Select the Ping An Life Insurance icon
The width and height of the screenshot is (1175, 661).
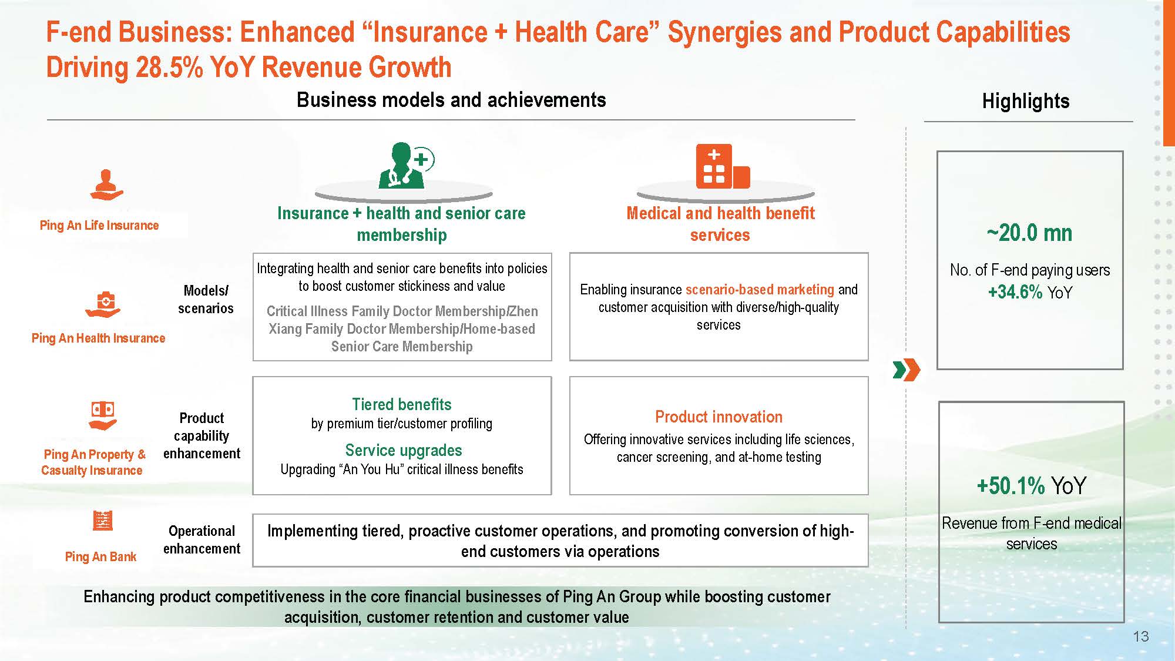pyautogui.click(x=106, y=184)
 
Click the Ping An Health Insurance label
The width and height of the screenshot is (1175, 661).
pyautogui.click(x=98, y=338)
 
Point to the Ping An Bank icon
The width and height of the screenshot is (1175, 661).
pyautogui.click(x=103, y=521)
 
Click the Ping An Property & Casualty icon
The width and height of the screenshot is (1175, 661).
pyautogui.click(x=103, y=415)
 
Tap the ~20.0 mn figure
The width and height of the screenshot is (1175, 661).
pyautogui.click(x=1029, y=233)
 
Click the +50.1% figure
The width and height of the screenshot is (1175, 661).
pyautogui.click(x=1010, y=486)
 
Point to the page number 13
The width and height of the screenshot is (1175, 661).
pyautogui.click(x=1140, y=636)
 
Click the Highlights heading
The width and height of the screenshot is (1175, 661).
pyautogui.click(x=1026, y=101)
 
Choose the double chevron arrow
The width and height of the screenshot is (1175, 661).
pyautogui.click(x=906, y=370)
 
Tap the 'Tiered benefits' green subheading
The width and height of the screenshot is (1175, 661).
pyautogui.click(x=402, y=404)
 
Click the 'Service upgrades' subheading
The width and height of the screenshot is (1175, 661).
pyautogui.click(x=404, y=451)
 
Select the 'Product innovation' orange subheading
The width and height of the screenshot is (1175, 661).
pyautogui.click(x=719, y=417)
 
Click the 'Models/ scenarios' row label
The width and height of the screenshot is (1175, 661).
pyautogui.click(x=206, y=299)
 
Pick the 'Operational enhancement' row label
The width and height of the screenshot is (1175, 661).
pyautogui.click(x=202, y=539)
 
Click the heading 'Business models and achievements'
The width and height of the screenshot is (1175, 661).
pyautogui.click(x=451, y=100)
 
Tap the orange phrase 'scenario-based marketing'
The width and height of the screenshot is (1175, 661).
pyautogui.click(x=760, y=290)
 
